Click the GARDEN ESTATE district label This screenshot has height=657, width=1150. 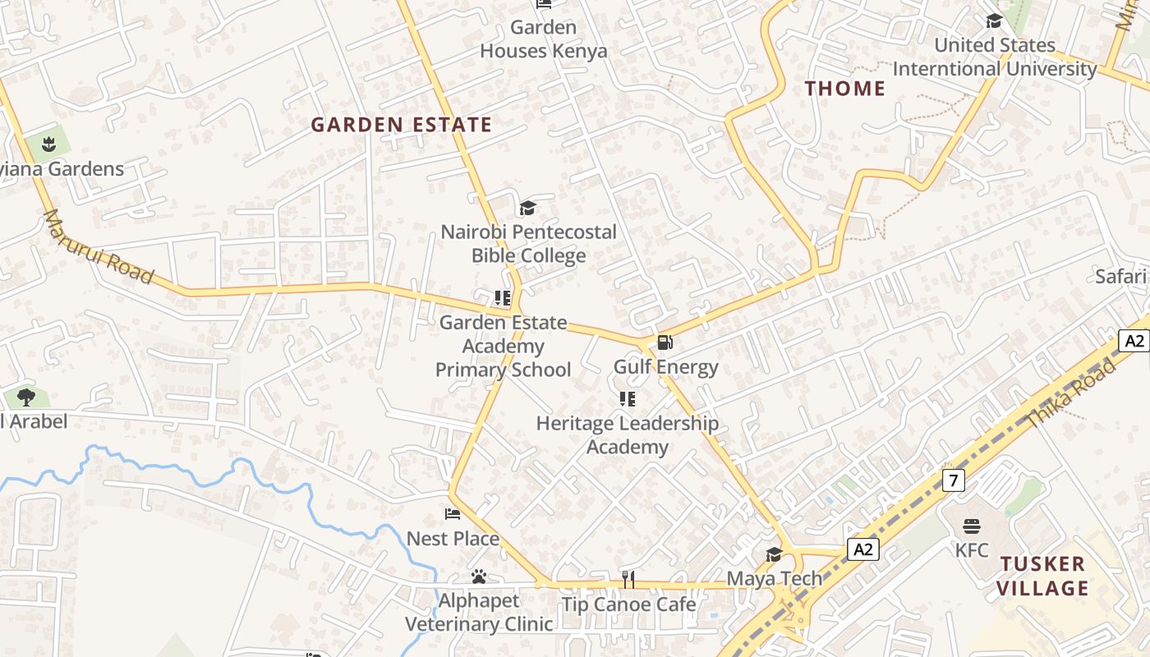(402, 125)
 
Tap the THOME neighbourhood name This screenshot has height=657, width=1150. (845, 89)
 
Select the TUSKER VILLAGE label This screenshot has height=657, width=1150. (1043, 576)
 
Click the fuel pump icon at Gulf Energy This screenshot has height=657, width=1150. (665, 342)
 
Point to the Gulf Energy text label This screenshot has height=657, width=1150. (666, 367)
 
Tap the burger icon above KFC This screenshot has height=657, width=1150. (972, 526)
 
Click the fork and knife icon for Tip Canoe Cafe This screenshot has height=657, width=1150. (628, 580)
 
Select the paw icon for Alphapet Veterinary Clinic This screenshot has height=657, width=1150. (479, 577)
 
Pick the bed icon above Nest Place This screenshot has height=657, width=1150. (453, 514)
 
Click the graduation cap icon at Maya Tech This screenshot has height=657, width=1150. (774, 554)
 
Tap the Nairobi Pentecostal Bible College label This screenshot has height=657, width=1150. (529, 243)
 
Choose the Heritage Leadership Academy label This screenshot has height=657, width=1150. (628, 435)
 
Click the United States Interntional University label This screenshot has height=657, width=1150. (995, 57)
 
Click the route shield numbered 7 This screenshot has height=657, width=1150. (953, 480)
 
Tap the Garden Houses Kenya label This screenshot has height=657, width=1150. (544, 39)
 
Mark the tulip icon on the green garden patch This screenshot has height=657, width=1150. (48, 145)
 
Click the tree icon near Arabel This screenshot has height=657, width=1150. (26, 397)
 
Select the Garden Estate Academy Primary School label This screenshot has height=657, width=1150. (503, 346)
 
